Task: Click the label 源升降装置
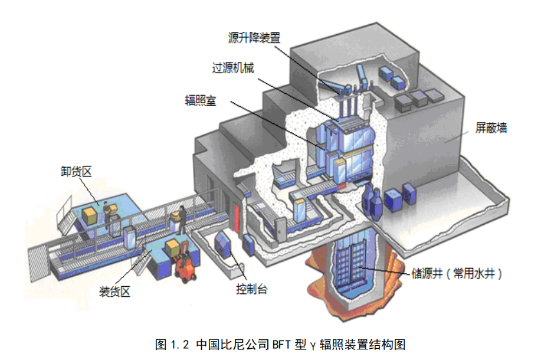(254, 38)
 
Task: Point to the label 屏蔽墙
(491, 127)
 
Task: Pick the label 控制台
(251, 289)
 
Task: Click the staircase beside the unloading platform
(63, 216)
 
